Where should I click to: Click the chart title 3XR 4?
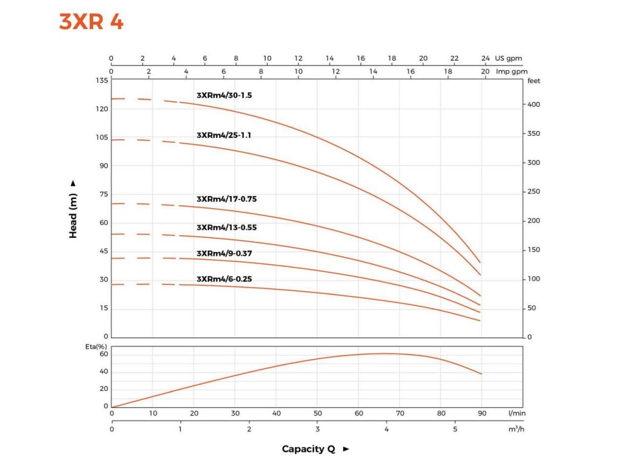(91, 22)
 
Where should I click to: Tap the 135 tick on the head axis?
(101, 81)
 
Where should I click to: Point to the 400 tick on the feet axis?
(532, 105)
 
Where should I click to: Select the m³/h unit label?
(515, 429)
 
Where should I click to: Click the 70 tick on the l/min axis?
(400, 413)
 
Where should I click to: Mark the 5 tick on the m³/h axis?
(455, 429)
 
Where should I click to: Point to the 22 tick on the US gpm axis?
(454, 59)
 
